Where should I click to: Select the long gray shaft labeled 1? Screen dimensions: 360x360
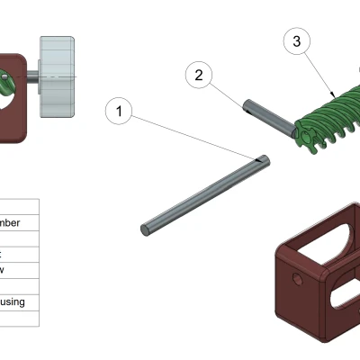202,193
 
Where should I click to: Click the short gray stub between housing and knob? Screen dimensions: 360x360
33,77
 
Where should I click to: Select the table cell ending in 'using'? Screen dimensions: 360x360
19,302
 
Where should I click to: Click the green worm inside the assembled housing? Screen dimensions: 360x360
6,85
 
